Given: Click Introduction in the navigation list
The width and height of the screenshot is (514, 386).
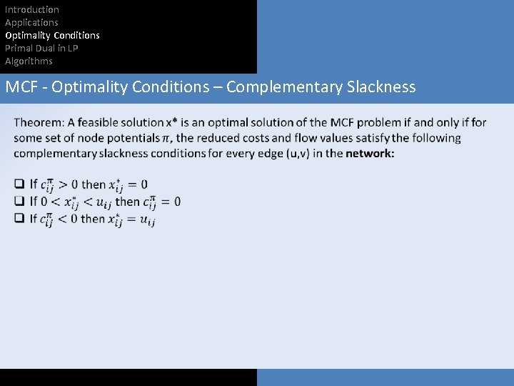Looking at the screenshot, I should point(32,9).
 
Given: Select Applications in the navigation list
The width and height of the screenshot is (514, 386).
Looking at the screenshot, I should point(31,22).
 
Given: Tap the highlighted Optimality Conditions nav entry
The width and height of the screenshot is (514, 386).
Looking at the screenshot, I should point(52,35).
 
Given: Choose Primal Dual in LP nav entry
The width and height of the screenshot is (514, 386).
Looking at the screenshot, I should point(41,48).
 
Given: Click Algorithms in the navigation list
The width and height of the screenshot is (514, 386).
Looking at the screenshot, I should point(29,61).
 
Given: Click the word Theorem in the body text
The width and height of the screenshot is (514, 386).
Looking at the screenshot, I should point(39,122).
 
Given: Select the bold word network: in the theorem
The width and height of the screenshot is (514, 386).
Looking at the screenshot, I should point(370,153).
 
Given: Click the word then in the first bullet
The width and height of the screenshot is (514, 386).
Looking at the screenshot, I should point(94,184).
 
